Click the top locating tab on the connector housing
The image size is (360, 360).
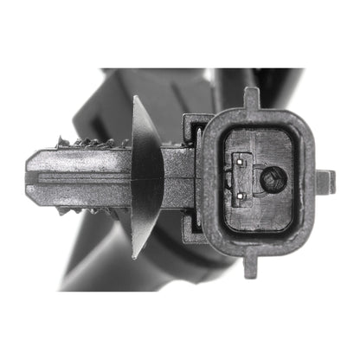251,97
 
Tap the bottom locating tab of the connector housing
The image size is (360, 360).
251,265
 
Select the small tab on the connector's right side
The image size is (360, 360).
325,181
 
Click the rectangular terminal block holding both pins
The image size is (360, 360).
246,178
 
